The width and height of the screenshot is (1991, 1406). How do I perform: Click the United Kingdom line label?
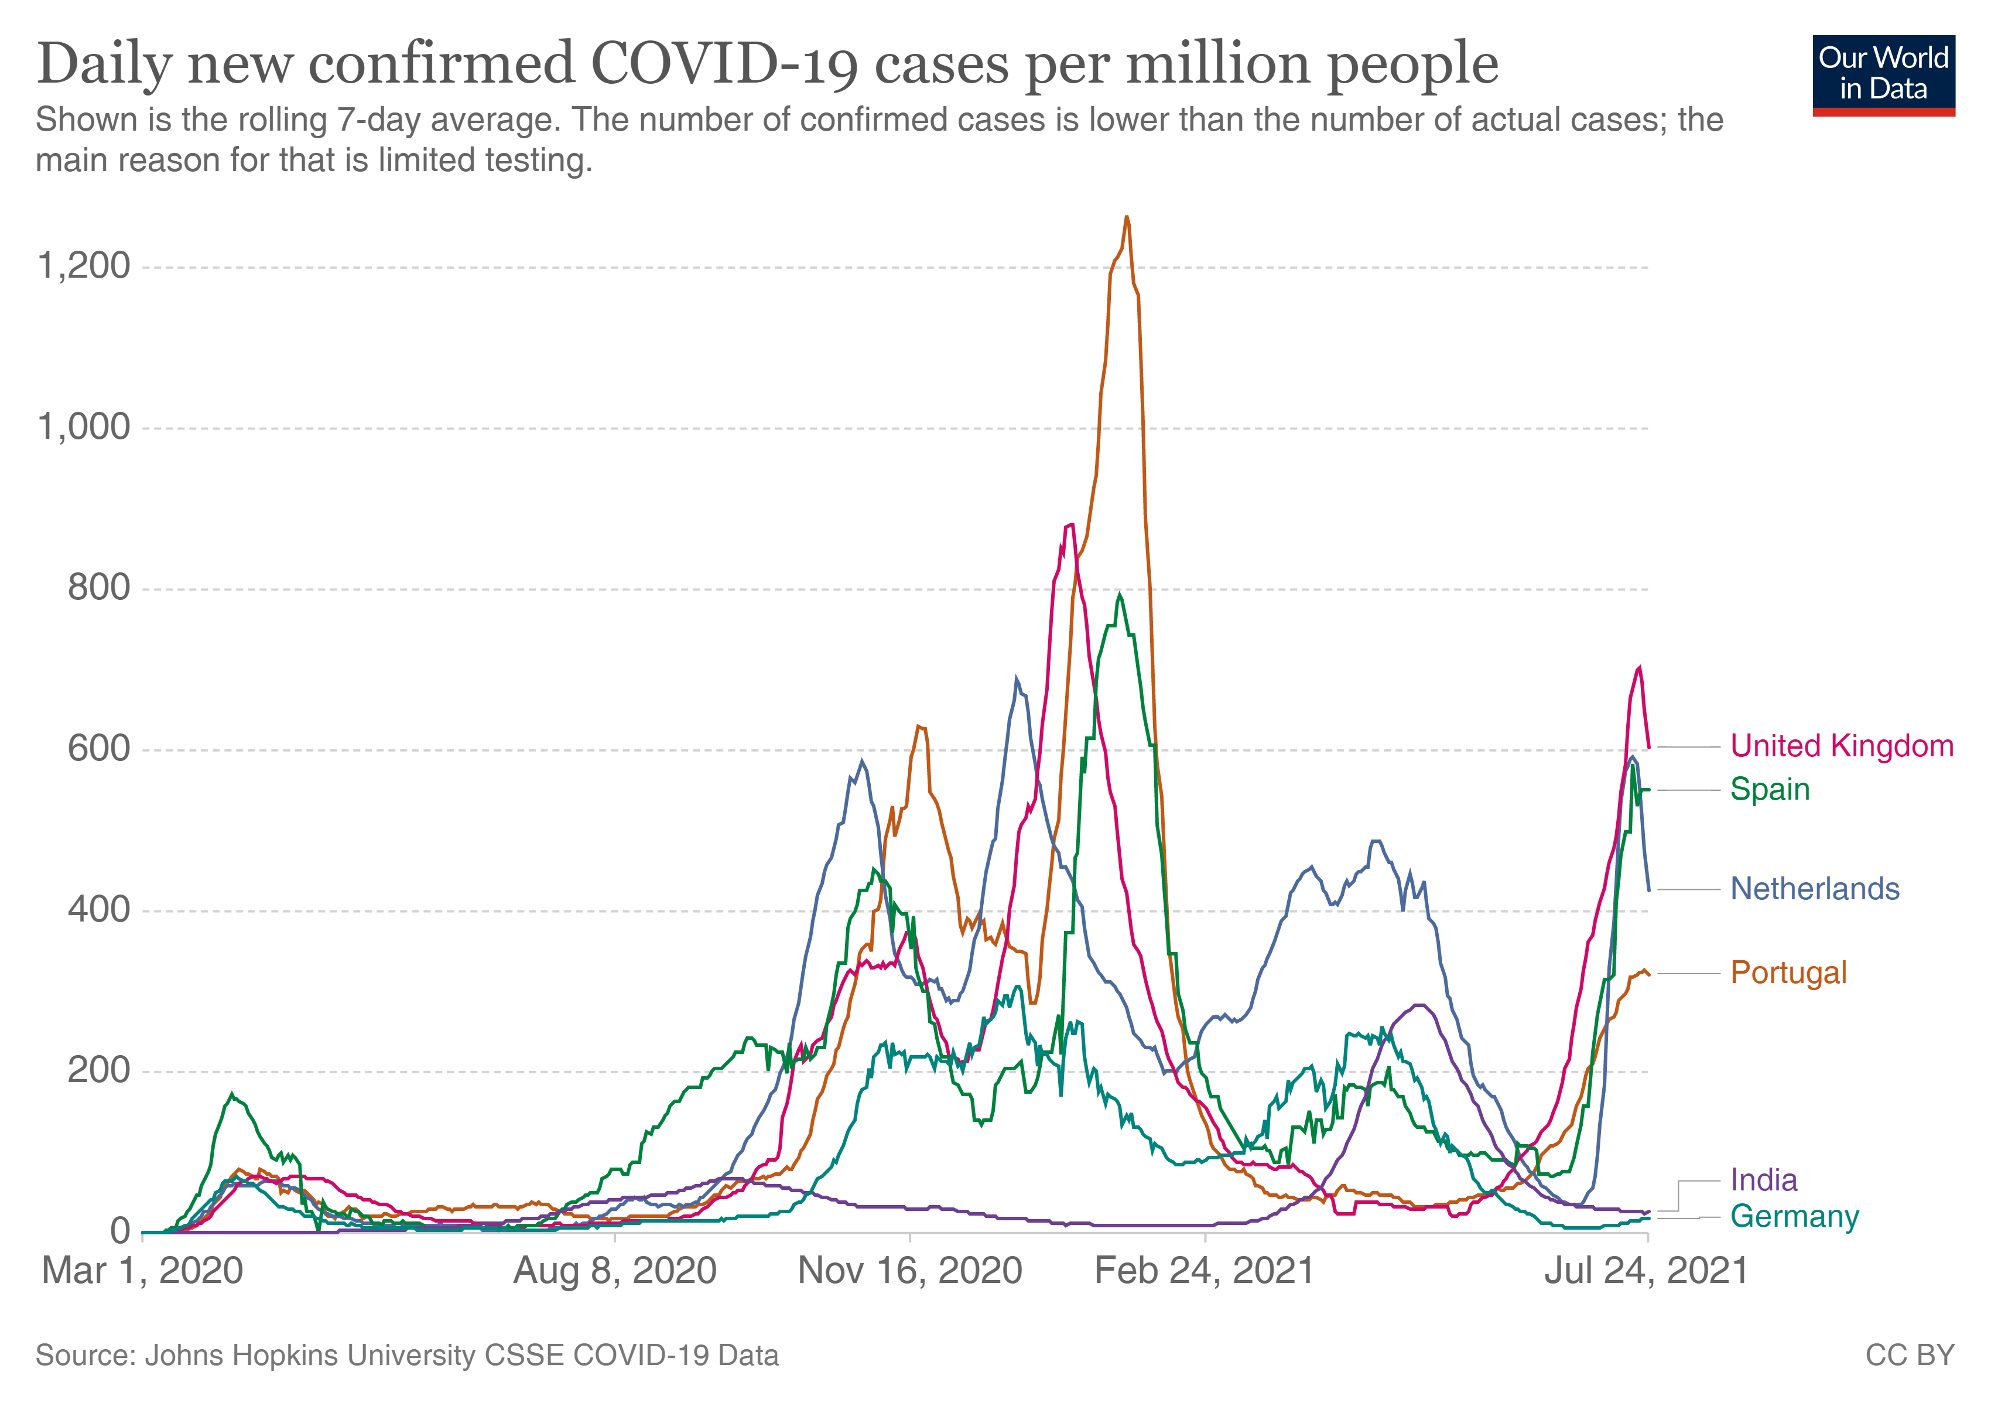[x=1841, y=746]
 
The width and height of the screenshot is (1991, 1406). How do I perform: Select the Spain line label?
[x=1770, y=789]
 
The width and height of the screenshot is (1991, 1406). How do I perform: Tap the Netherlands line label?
[x=1814, y=889]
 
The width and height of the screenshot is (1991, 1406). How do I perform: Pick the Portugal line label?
[x=1788, y=972]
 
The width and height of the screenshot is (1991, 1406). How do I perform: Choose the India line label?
[x=1763, y=1180]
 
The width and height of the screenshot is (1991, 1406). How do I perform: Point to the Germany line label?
[x=1794, y=1216]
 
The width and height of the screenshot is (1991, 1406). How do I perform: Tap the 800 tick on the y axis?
[x=99, y=588]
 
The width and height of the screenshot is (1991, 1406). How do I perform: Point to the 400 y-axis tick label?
[x=99, y=909]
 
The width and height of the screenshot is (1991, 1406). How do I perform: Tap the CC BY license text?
[x=1910, y=1355]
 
